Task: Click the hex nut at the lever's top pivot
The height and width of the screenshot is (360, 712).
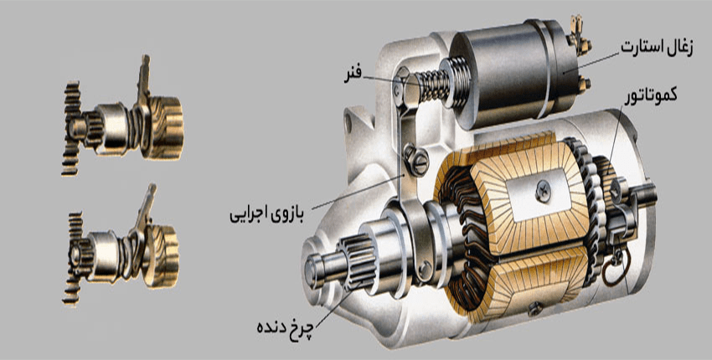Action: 403,81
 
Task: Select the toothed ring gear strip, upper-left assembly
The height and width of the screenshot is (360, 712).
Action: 70,126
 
